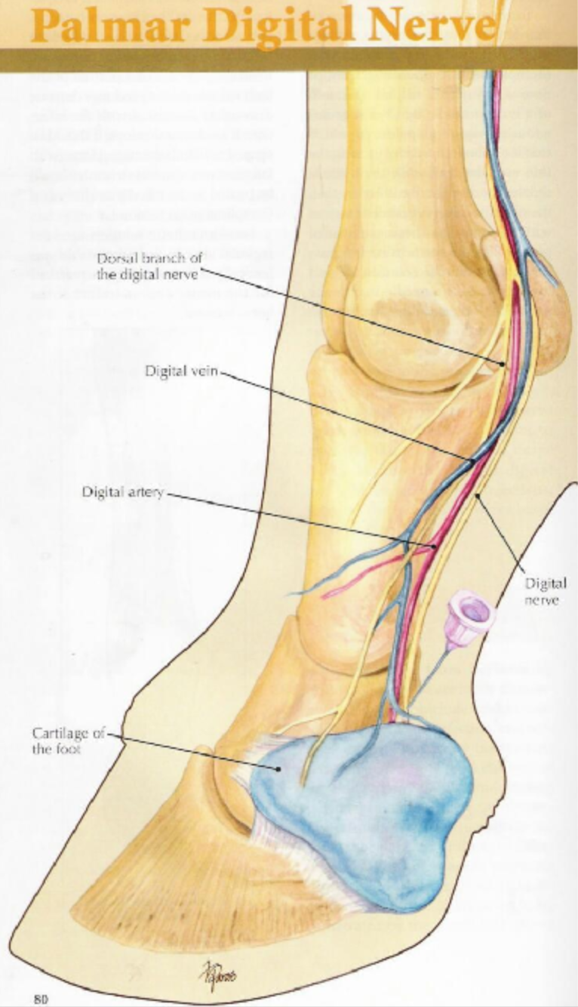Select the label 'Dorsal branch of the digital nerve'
click(148, 265)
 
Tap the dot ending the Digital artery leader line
click(435, 544)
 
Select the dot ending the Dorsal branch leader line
click(502, 365)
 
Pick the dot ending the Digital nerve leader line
click(478, 496)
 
